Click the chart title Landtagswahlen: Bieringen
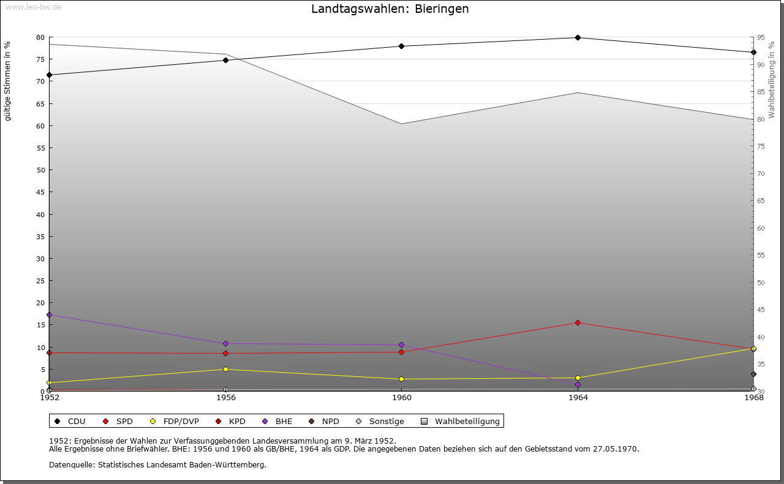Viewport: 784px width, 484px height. click(390, 9)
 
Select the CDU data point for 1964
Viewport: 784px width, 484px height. click(578, 38)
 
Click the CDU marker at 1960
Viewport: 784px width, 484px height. click(402, 47)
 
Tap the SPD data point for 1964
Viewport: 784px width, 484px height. click(578, 323)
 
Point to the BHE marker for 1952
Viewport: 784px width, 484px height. click(50, 315)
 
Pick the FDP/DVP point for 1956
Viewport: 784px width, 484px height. click(226, 370)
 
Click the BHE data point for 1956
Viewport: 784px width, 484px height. click(226, 344)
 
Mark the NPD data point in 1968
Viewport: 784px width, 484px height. click(753, 374)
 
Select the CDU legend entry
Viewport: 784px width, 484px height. click(70, 422)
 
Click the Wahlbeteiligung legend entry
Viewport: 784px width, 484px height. click(461, 422)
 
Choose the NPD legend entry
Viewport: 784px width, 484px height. click(324, 422)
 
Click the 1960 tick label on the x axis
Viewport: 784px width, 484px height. click(402, 398)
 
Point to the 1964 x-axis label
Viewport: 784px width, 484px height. click(578, 398)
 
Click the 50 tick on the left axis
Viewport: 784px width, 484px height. click(40, 170)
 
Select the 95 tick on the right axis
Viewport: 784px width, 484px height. click(761, 38)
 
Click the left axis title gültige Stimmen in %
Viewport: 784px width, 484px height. click(8, 81)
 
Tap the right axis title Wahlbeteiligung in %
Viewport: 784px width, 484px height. click(772, 80)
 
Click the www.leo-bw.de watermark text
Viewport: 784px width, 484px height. click(33, 6)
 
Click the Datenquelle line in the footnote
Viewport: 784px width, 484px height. click(157, 465)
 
